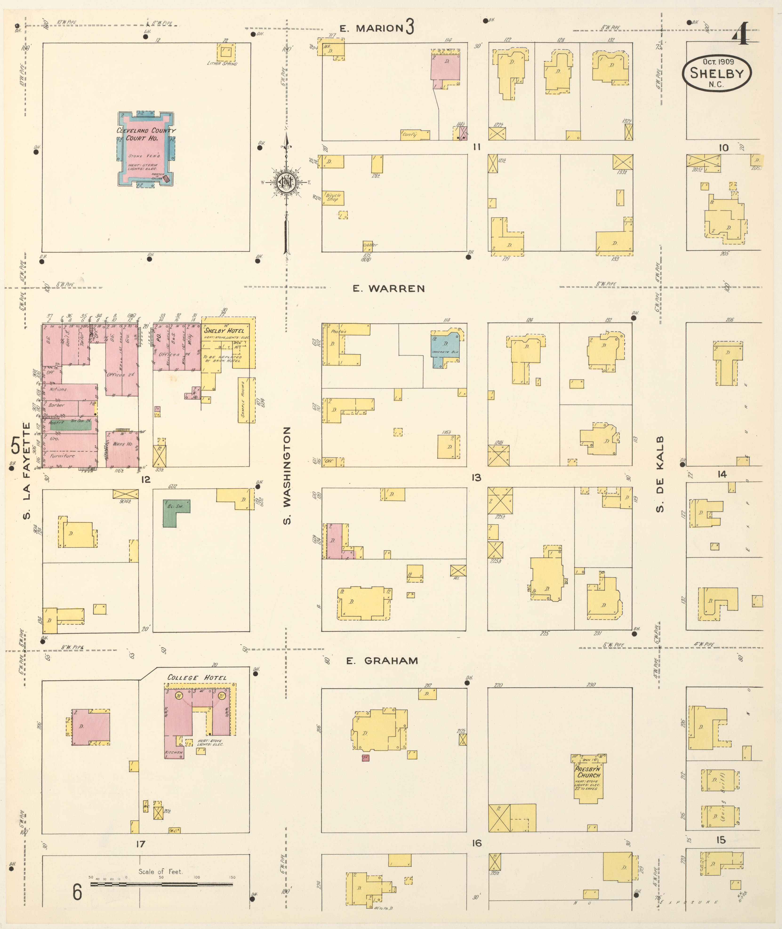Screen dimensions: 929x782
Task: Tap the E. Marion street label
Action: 372,28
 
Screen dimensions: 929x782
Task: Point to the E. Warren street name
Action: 389,289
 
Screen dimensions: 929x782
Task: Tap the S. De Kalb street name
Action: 660,474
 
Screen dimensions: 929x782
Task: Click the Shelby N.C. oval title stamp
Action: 716,74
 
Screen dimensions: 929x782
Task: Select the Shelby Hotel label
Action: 224,330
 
